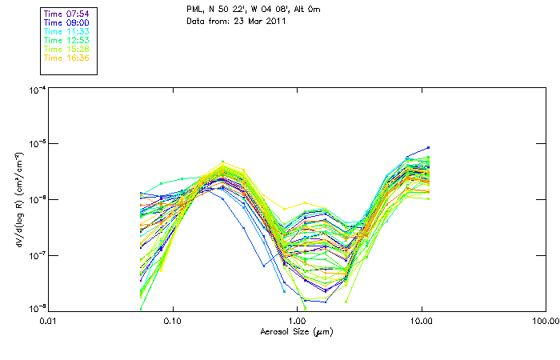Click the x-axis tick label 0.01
pyautogui.click(x=49, y=321)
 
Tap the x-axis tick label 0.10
pyautogui.click(x=173, y=321)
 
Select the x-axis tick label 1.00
pyautogui.click(x=297, y=321)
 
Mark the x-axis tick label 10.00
pyautogui.click(x=422, y=321)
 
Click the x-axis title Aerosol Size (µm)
pyautogui.click(x=297, y=331)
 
